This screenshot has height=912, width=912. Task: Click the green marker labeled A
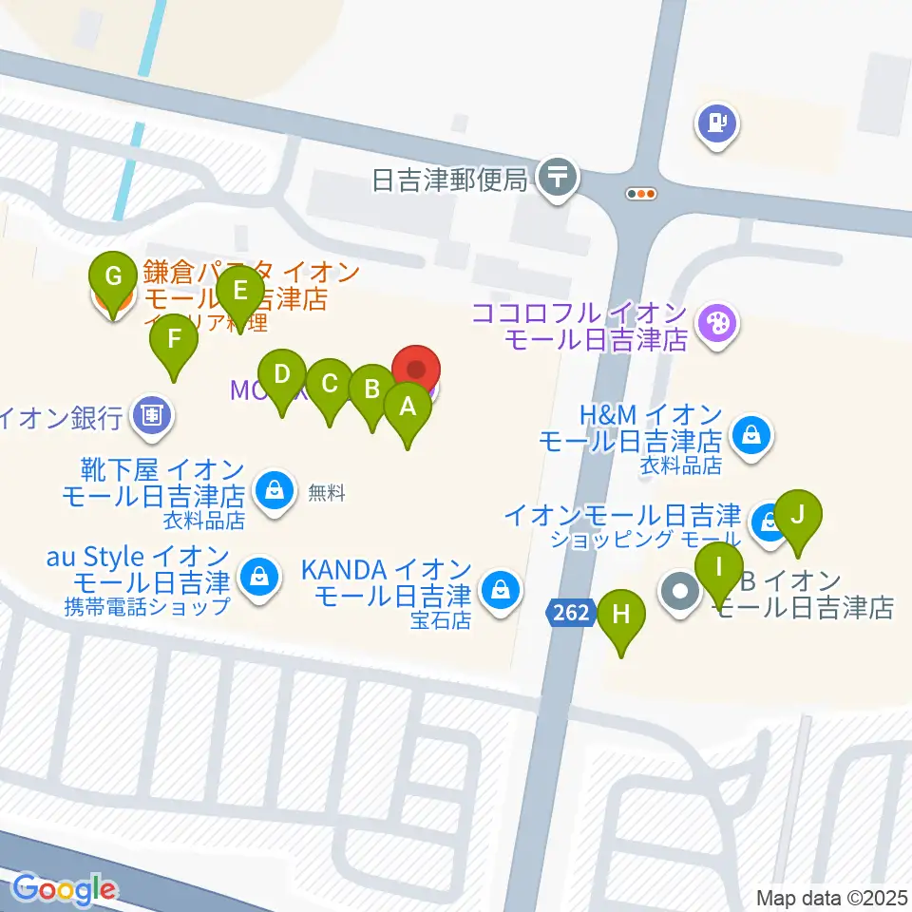(x=408, y=408)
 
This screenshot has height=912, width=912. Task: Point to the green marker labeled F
(x=173, y=340)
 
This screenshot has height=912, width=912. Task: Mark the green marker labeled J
(x=798, y=517)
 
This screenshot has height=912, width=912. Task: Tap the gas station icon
(x=717, y=123)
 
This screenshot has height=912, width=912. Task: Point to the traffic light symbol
(x=642, y=194)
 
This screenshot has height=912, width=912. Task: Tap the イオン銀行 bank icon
(x=152, y=416)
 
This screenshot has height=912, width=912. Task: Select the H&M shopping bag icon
(x=751, y=438)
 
